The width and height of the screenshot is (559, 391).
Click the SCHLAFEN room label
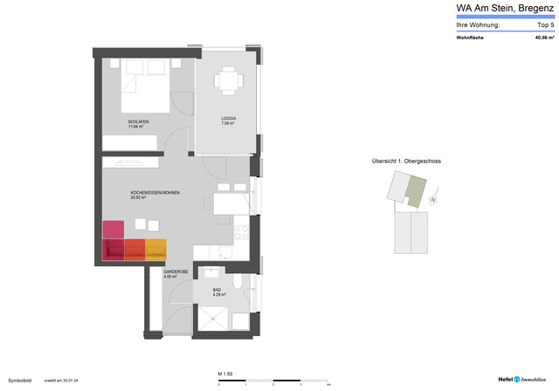pyautogui.click(x=137, y=121)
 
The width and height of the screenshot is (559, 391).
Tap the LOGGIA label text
pyautogui.click(x=229, y=119)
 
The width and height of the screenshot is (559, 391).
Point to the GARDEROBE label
pyautogui.click(x=175, y=272)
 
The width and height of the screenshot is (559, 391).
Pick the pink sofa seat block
pyautogui.click(x=114, y=230)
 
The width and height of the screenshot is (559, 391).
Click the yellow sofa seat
pyautogui.click(x=155, y=250)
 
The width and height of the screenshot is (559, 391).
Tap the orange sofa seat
pyautogui.click(x=135, y=250)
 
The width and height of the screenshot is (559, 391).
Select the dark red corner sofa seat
pyautogui.click(x=114, y=250)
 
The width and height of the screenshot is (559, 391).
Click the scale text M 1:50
pyautogui.click(x=225, y=374)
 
